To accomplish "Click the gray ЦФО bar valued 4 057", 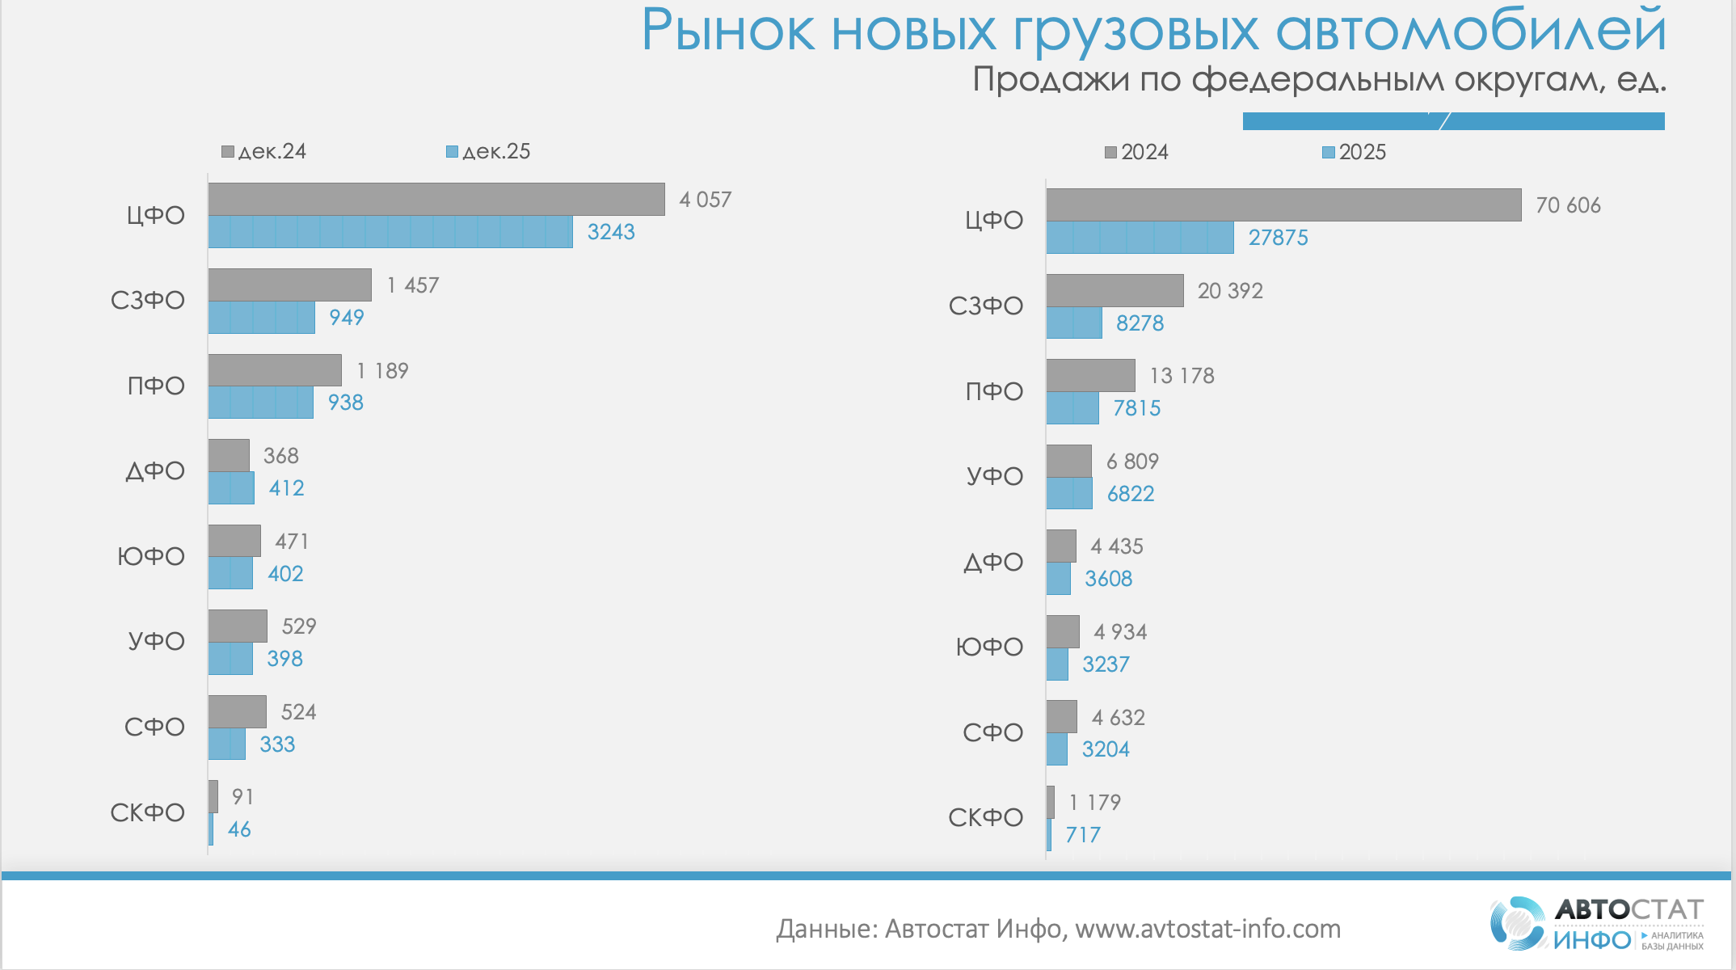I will coord(436,199).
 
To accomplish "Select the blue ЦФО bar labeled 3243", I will coord(390,232).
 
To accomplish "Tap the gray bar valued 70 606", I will coord(1283,205).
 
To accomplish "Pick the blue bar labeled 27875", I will coord(1140,238).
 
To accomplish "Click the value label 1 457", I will coord(413,285).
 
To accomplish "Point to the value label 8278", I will coord(1140,323).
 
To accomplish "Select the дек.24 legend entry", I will coord(264,152).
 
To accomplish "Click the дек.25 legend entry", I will coord(489,152).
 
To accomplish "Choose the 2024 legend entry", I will coord(1137,152).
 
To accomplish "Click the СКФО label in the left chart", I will coord(148,812).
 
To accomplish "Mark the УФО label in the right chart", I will coord(995,476).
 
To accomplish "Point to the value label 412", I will coord(286,488).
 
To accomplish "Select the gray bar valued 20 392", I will coord(1114,290).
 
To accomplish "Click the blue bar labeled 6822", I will coord(1069,493).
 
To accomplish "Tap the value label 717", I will coord(1083,835).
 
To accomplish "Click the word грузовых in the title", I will coord(1136,32).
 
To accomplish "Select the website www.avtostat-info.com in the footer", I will coord(1207,930).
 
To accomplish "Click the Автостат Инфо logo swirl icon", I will coord(1517,923).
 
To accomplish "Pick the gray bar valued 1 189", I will coord(275,370).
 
